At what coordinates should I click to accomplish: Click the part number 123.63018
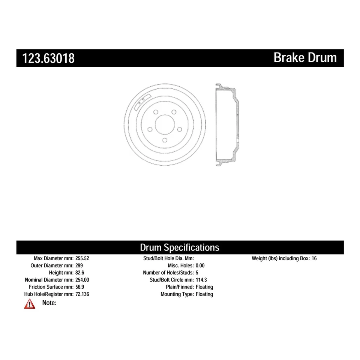[x=48, y=58]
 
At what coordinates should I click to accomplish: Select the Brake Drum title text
[x=305, y=58]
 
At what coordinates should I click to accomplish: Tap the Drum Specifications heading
[x=180, y=247]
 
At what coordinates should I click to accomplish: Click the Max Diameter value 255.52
[x=82, y=258]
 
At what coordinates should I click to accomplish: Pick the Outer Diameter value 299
[x=79, y=265]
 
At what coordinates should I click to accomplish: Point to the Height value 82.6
[x=80, y=273]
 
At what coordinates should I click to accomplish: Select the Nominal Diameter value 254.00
[x=82, y=280]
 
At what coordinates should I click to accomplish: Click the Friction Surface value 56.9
[x=80, y=287]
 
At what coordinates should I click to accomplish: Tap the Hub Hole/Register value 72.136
[x=82, y=294]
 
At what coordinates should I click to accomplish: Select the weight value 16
[x=314, y=258]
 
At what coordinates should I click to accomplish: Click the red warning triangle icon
[x=30, y=304]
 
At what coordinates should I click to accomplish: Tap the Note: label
[x=49, y=303]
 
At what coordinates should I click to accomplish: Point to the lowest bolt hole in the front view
[x=165, y=140]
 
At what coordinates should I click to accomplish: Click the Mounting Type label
[x=177, y=294]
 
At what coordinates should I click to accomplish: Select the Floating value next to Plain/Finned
[x=205, y=287]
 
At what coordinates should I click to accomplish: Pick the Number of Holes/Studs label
[x=168, y=273]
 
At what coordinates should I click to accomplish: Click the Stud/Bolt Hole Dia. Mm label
[x=168, y=258]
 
